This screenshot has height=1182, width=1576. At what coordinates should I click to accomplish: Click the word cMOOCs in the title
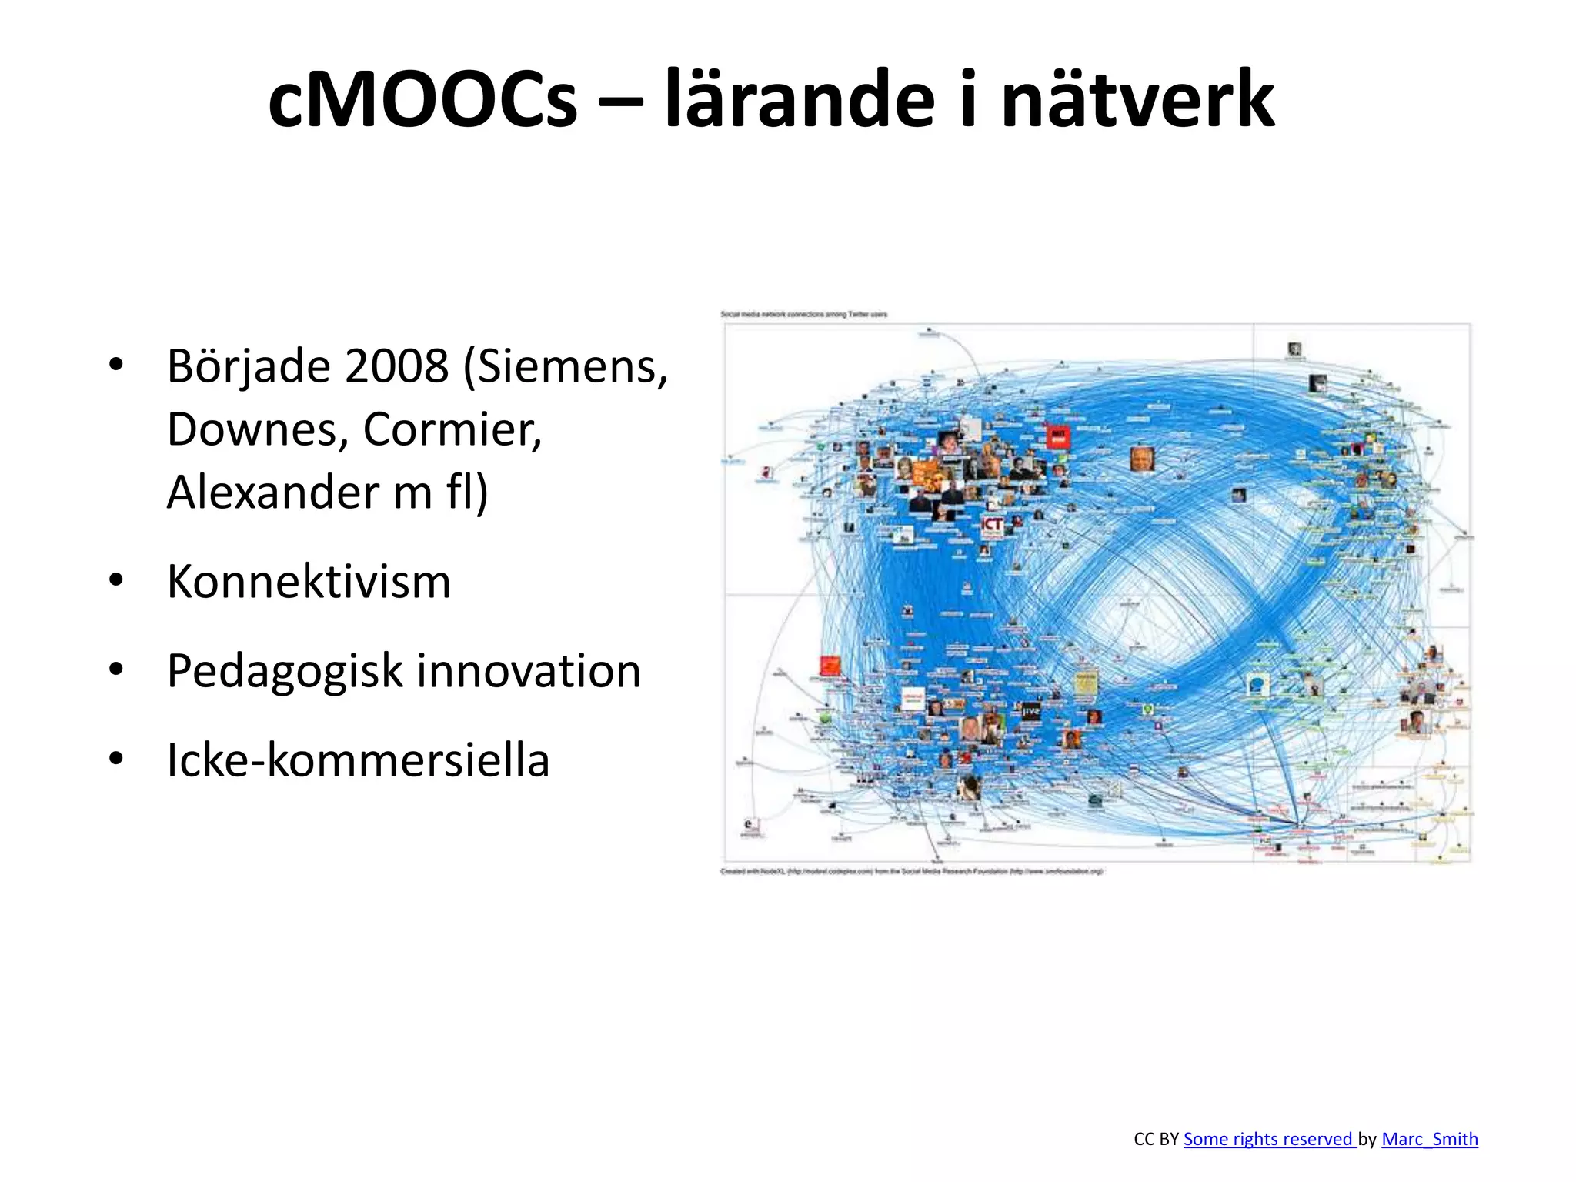click(x=422, y=100)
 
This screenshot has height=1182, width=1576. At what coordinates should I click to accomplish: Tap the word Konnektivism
click(x=309, y=581)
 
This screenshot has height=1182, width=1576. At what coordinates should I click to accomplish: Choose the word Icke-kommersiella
click(x=358, y=760)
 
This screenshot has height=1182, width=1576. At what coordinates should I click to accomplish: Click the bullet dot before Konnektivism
click(x=116, y=581)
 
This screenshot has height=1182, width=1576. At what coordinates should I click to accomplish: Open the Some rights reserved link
click(x=1269, y=1139)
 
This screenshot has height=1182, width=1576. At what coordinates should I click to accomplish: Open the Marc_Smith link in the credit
click(x=1430, y=1139)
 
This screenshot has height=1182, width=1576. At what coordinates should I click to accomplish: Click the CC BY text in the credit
click(x=1156, y=1139)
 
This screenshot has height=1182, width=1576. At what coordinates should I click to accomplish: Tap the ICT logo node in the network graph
click(x=992, y=525)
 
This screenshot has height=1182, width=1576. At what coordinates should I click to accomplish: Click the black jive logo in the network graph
click(x=1030, y=711)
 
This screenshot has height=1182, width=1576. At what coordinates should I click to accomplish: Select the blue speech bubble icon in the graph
click(x=1257, y=683)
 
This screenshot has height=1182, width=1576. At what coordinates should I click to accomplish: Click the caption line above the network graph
click(x=803, y=314)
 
